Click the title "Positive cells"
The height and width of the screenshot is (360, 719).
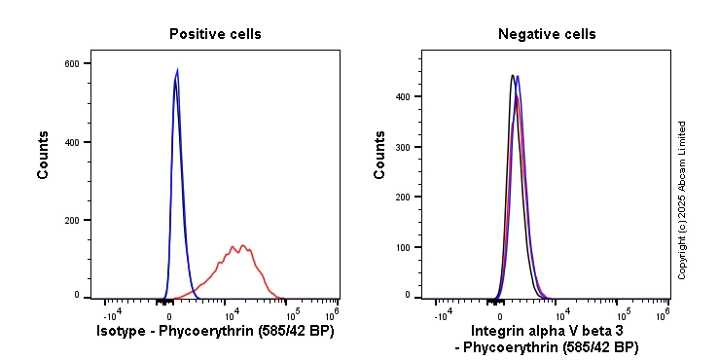(215, 34)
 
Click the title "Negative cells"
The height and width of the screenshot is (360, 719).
(547, 34)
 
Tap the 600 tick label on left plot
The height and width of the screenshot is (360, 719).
(72, 64)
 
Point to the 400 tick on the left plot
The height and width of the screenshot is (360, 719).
(72, 142)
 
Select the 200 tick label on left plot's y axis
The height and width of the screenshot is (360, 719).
(72, 221)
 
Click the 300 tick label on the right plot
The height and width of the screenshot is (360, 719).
(403, 147)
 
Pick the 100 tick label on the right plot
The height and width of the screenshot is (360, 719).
(403, 247)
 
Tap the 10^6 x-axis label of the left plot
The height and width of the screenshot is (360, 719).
(331, 313)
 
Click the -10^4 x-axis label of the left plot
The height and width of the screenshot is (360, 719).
(112, 313)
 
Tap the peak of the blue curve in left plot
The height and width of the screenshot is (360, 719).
(177, 69)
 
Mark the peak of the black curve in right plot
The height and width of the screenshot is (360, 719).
(512, 75)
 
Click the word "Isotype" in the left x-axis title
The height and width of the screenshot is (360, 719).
(124, 332)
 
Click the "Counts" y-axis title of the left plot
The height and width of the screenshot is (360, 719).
(43, 155)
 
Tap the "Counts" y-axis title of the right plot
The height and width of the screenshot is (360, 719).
(380, 155)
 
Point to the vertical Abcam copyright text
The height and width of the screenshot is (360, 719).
(682, 199)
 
